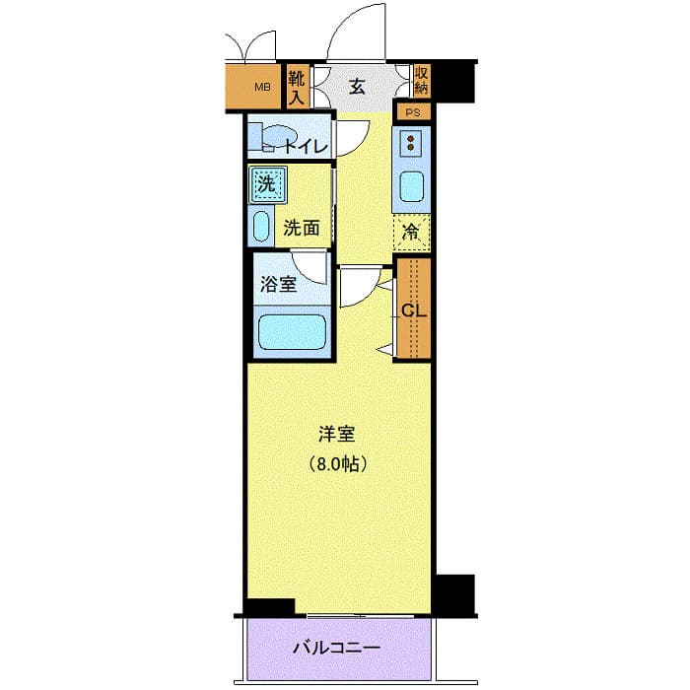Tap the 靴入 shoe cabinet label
pyautogui.click(x=297, y=87)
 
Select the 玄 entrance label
pyautogui.click(x=357, y=87)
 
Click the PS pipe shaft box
pyautogui.click(x=413, y=111)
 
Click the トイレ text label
pyautogui.click(x=306, y=148)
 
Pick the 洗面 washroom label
pyautogui.click(x=302, y=228)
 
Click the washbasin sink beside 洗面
pyautogui.click(x=261, y=227)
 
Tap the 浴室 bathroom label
pyautogui.click(x=278, y=285)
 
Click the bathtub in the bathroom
pyautogui.click(x=291, y=333)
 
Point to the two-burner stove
pyautogui.click(x=410, y=145)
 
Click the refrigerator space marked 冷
pyautogui.click(x=412, y=234)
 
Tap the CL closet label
pyautogui.click(x=413, y=310)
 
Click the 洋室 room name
pyautogui.click(x=336, y=434)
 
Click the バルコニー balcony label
pyautogui.click(x=336, y=649)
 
